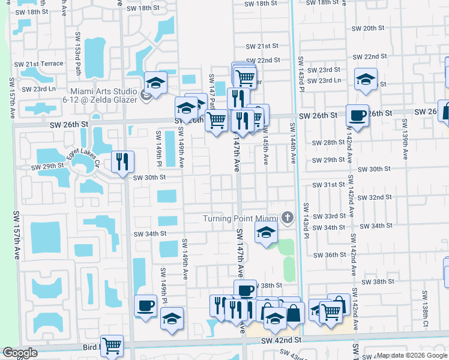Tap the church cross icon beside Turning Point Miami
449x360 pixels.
pos(288,217)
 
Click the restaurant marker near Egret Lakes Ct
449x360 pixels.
pos(122,161)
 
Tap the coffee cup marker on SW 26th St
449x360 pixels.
pos(358,115)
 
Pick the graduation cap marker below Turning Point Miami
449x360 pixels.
pos(265,232)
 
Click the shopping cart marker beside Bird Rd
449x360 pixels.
pos(112,346)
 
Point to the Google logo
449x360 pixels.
pos(20,353)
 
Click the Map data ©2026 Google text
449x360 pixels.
pos(412,356)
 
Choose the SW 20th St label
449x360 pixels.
pos(368,28)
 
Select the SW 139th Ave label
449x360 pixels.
pos(405,138)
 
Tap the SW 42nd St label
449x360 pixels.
pos(281,340)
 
